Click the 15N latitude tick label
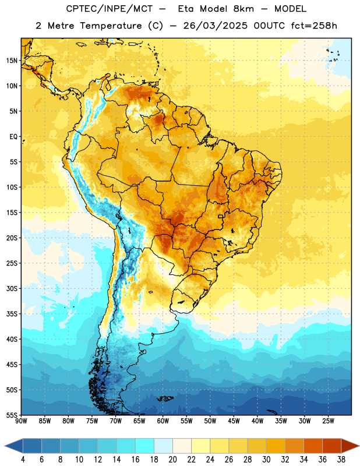point(12,61)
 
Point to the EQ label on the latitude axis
point(13,137)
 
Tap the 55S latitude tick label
point(12,415)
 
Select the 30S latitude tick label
point(12,288)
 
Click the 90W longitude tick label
point(22,421)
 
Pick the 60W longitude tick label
point(163,421)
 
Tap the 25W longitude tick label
point(328,421)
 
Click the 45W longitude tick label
point(234,421)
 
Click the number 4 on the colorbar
point(23,460)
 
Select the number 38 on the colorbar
point(341,460)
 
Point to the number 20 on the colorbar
point(172,460)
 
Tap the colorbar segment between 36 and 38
point(332,446)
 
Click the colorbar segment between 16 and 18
point(145,446)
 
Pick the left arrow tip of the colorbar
point(5,446)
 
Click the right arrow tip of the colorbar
point(359,446)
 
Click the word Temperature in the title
point(111,26)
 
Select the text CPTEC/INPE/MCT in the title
point(109,9)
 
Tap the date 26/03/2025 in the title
point(215,26)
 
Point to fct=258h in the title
point(314,26)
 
